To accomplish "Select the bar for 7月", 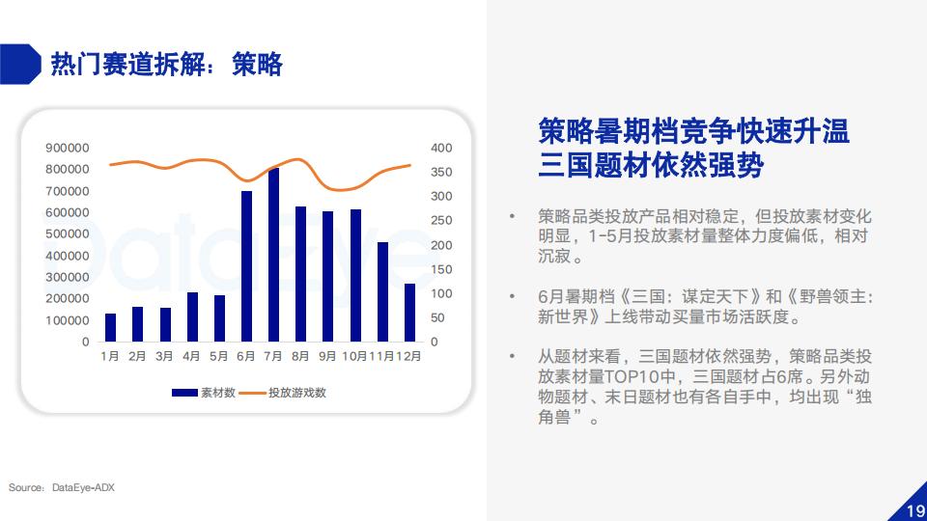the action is coord(273,255).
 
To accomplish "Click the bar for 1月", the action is coord(110,327).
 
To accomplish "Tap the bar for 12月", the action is coord(409,313).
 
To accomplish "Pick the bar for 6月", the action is coord(246,266).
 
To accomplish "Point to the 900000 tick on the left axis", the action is coord(68,148).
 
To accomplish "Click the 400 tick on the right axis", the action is coord(441,148).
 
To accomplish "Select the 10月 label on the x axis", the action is coord(354,356).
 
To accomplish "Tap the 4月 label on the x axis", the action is coord(191,356).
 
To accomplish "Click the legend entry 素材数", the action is coord(204,393).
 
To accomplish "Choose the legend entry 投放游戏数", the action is coord(283,393).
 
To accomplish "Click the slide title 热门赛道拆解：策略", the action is coord(167,64).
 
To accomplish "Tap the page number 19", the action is coord(915,510).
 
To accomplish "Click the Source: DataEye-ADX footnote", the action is coord(62,487).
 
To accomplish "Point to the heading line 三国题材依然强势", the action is coord(651,165).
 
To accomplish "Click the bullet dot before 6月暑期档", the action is coord(512,296).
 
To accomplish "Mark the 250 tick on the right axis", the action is coord(441,220).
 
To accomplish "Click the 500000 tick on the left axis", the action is coord(68,233).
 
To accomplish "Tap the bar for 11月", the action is coord(382,291).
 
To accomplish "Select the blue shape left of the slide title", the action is coord(20,64).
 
